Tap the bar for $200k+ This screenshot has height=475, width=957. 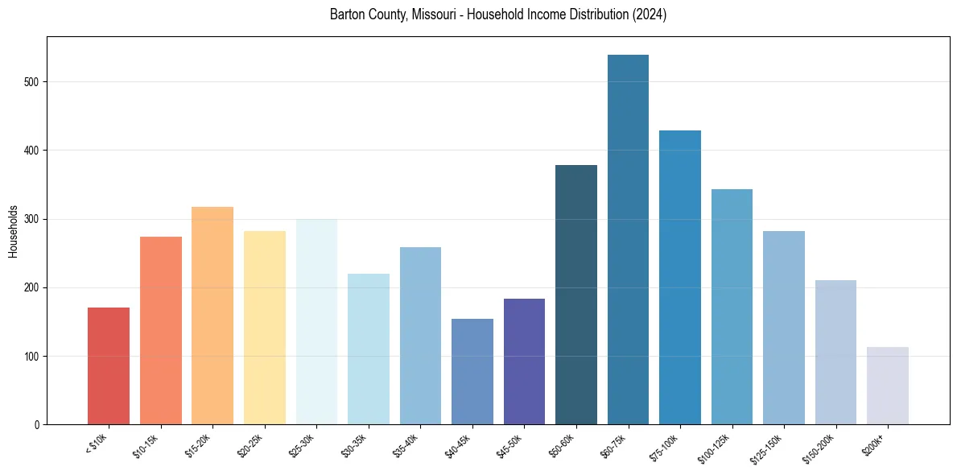(x=888, y=386)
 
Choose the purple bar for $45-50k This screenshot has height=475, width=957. (x=524, y=361)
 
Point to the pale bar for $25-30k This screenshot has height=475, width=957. (x=316, y=322)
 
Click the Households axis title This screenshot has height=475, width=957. (x=14, y=230)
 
